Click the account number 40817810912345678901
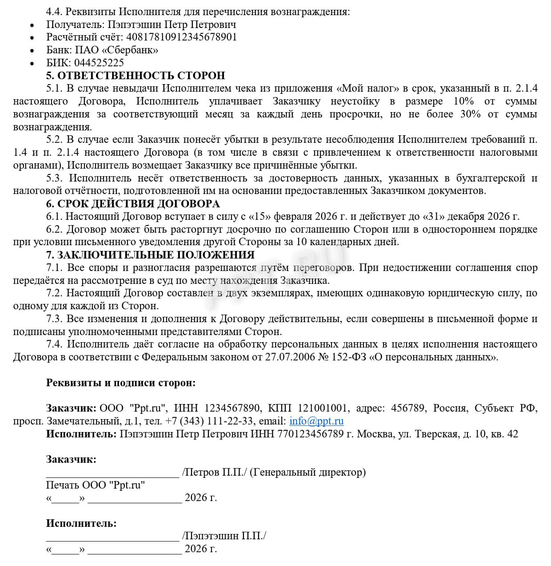coord(182,37)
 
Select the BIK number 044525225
coord(99,63)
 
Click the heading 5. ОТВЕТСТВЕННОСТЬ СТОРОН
coord(136,76)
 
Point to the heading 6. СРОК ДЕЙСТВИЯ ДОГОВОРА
coord(133,204)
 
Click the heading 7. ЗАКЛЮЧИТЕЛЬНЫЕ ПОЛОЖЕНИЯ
coord(150,255)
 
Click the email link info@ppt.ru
coord(316,421)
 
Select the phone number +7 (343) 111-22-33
coord(209,421)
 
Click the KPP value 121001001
coord(322,408)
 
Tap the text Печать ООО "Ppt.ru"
coord(96,485)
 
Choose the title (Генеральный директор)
coord(307,472)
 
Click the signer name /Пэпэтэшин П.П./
coord(224,536)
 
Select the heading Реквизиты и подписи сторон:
coord(121,383)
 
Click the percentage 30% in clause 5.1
coord(471,114)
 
